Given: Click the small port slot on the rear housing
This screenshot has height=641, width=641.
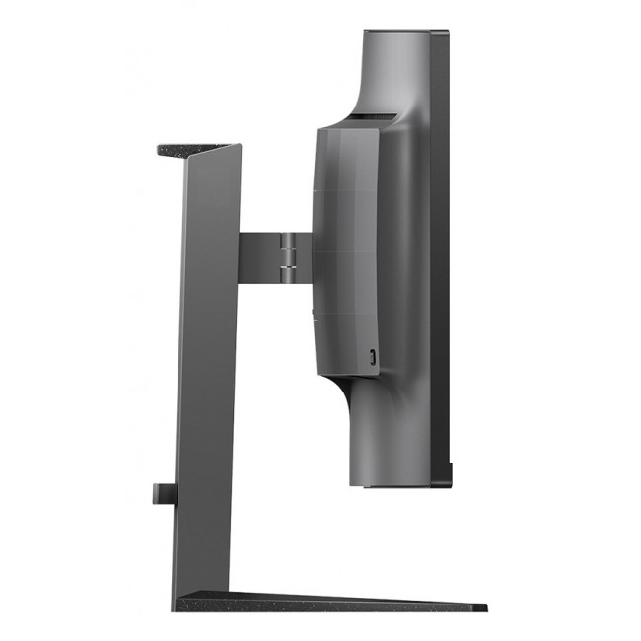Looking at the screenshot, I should [372, 356].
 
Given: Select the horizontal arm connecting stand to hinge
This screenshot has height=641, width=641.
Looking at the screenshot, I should [259, 251].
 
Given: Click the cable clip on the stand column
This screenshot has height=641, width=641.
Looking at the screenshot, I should [163, 492].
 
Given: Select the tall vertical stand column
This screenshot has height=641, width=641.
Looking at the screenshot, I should [207, 375].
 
